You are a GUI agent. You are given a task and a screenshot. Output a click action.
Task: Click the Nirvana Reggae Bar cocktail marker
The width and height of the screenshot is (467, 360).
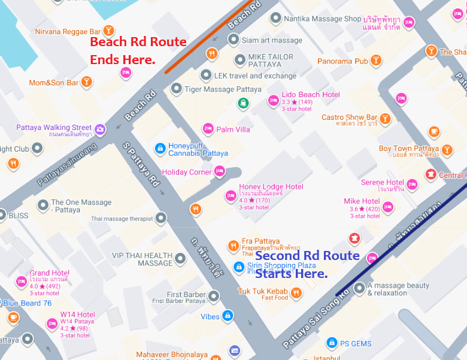tap(108, 31)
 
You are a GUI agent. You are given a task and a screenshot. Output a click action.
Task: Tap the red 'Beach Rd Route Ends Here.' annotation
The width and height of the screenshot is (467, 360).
tap(138, 51)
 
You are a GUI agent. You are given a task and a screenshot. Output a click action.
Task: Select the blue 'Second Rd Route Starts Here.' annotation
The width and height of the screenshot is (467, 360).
tap(307, 264)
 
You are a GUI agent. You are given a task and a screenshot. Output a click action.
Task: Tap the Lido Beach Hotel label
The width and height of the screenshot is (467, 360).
tap(311, 95)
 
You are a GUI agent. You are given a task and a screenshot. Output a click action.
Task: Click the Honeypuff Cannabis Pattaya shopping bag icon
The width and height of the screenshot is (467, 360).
tap(160, 148)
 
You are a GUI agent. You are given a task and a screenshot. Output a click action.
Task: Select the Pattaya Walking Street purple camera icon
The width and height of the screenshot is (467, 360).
tap(100, 128)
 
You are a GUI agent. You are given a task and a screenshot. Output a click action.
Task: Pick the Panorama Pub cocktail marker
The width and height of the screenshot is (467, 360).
tap(375, 60)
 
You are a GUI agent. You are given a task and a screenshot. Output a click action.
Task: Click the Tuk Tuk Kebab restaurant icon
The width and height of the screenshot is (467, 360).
tap(296, 292)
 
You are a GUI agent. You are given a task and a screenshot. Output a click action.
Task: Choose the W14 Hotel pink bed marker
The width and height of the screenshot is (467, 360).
tap(51, 324)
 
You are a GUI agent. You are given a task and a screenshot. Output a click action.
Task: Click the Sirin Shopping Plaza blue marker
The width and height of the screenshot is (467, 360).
tap(238, 266)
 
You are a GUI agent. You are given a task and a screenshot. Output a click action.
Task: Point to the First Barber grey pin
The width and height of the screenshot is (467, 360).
tap(214, 295)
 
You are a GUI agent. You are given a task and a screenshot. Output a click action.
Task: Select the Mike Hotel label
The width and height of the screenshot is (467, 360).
tap(362, 201)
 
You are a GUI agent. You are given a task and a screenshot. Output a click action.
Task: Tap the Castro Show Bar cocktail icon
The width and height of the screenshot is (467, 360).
tap(384, 118)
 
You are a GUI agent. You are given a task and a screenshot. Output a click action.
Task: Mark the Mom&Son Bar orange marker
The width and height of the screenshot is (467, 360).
tap(87, 81)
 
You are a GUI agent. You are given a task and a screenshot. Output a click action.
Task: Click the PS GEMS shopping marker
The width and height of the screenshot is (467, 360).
tap(331, 343)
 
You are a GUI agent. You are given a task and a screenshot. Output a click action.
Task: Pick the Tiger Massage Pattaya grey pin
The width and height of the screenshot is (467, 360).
tap(176, 89)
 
